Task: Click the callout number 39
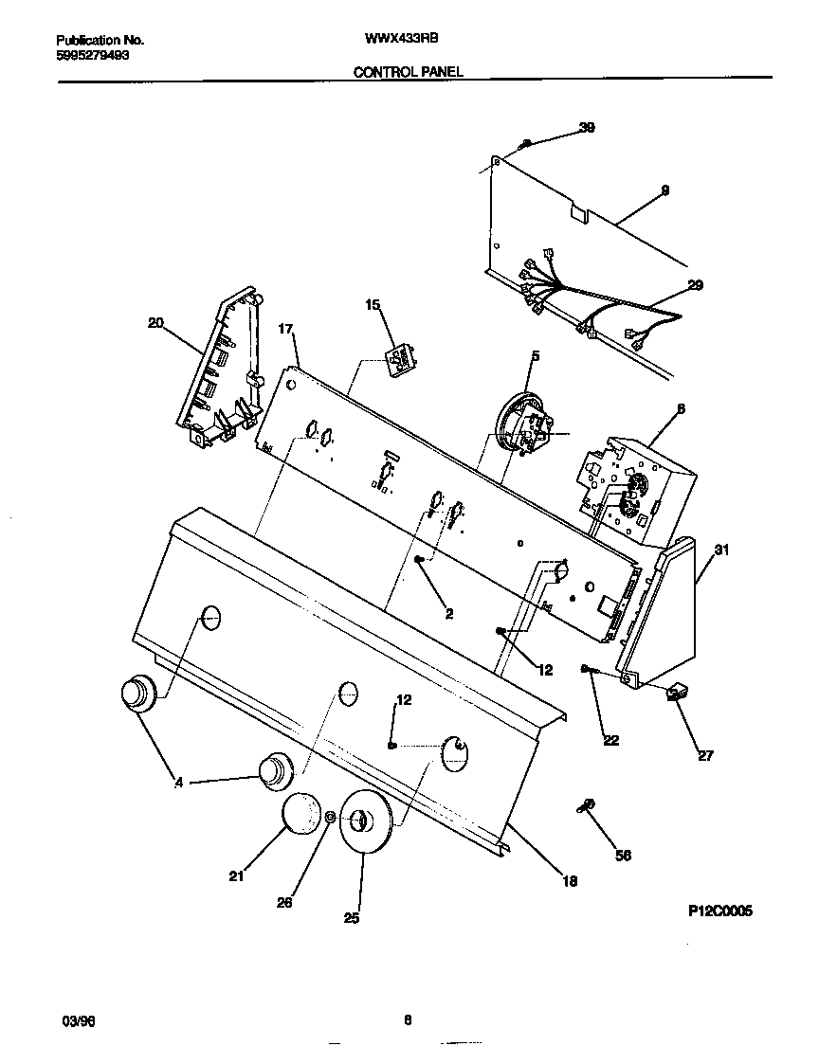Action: coord(587,128)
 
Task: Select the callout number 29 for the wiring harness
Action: coord(695,284)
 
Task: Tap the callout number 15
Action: coord(373,304)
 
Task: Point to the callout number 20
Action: coord(155,323)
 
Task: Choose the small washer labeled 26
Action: coord(329,818)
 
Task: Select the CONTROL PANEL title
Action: coord(409,71)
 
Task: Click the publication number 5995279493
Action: coord(93,55)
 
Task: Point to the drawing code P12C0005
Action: coord(719,911)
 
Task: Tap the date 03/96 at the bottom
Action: coord(79,1020)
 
